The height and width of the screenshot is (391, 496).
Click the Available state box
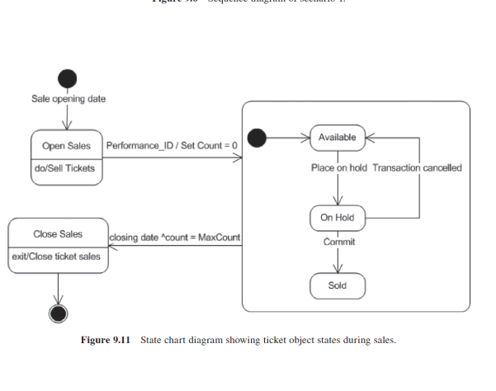(x=337, y=137)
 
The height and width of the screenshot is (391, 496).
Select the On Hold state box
(x=337, y=218)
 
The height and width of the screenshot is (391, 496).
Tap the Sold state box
(x=337, y=285)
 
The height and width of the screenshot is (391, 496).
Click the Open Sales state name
(x=66, y=146)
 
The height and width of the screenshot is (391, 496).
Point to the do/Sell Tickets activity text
(x=66, y=168)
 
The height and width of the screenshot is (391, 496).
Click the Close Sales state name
(x=57, y=233)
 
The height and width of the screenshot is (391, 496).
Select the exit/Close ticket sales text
(x=57, y=256)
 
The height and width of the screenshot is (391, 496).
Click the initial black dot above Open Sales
(x=67, y=79)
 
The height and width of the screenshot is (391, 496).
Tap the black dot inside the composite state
(x=257, y=138)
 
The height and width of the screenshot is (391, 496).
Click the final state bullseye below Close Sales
(x=59, y=313)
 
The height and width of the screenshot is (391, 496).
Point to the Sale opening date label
(x=68, y=100)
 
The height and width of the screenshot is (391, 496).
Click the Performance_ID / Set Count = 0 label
(x=172, y=146)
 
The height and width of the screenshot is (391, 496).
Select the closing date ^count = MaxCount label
(x=175, y=238)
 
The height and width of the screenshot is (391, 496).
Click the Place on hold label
(x=339, y=167)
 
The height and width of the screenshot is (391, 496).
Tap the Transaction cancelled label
(x=417, y=167)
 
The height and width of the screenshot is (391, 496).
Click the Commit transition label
(x=338, y=242)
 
